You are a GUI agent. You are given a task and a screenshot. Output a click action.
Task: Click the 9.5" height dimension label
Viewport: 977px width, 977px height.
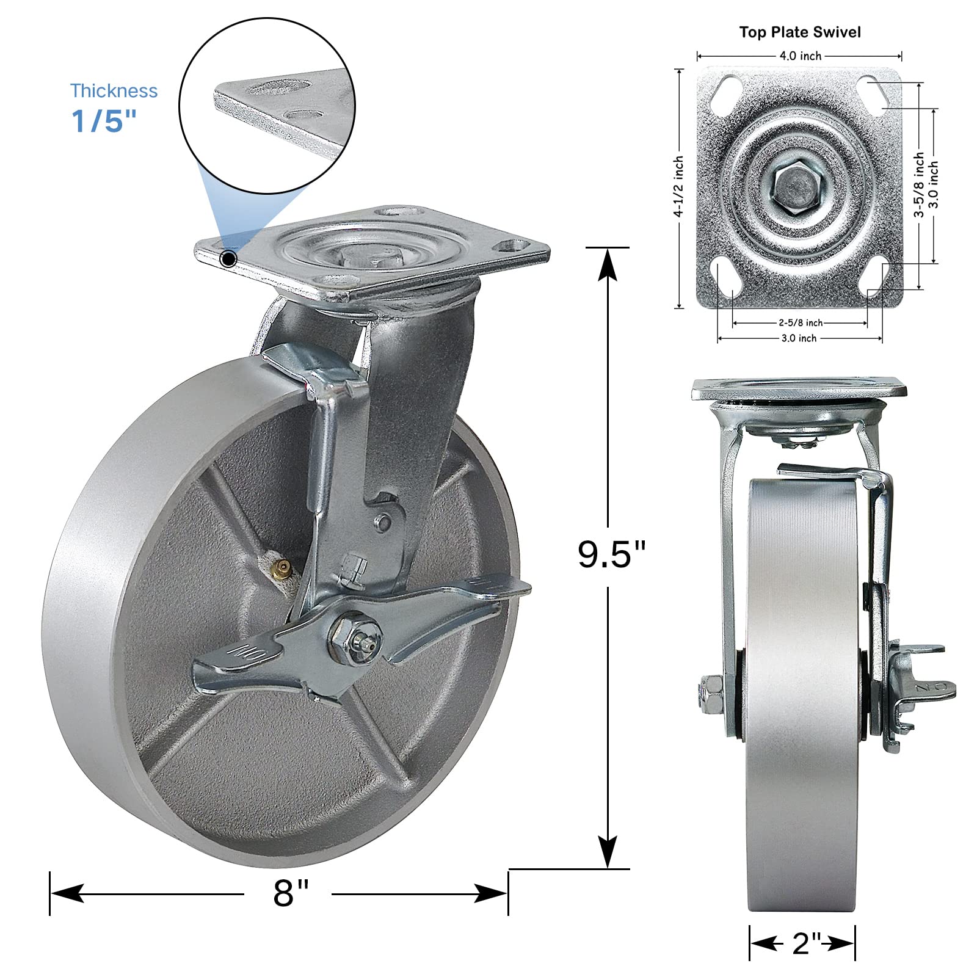coord(611,554)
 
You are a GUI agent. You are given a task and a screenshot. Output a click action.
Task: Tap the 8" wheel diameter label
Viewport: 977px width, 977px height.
coord(291,893)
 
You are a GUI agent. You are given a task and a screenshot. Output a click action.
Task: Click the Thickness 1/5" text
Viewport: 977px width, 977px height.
coord(114,107)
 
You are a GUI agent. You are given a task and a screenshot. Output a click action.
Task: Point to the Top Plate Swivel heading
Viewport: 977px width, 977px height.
coord(800,32)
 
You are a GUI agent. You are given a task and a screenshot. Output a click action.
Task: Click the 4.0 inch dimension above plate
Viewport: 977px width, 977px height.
coord(800,56)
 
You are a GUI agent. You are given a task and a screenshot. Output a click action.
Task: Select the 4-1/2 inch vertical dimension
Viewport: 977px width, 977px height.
coord(679,187)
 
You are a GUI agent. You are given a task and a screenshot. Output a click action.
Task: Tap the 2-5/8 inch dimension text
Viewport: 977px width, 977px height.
coord(800,323)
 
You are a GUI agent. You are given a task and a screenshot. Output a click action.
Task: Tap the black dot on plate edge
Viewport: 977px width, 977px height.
coord(228,260)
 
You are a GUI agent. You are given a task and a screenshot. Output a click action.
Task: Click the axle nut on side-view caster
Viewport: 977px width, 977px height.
coord(710,694)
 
